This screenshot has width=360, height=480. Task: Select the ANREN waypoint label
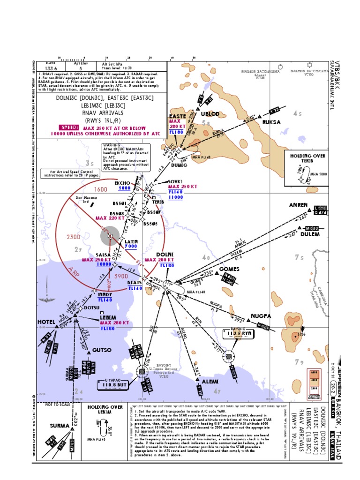coord(298,205)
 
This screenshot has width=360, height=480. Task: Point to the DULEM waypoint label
coord(310,234)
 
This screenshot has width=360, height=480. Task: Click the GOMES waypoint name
coord(229,270)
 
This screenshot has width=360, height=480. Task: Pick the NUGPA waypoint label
coord(261,316)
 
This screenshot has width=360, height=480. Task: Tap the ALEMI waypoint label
coord(210,382)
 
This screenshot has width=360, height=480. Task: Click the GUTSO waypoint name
coord(102,350)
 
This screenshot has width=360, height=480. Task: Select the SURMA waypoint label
coord(60,426)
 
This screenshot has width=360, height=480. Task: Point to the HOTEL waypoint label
coord(46,322)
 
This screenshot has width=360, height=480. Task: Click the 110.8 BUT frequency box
coord(113,385)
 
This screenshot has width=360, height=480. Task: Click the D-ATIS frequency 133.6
coord(52,67)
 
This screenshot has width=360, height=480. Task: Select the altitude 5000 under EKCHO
coord(124,188)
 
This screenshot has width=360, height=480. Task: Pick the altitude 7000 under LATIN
coord(131,246)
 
